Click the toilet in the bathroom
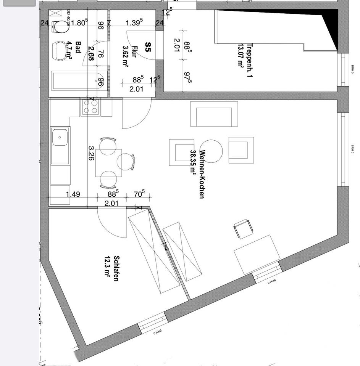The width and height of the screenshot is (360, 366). click(61, 27)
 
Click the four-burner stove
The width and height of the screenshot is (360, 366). click(91, 106)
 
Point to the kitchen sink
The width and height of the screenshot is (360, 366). click(60, 137)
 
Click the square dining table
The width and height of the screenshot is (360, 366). click(108, 163)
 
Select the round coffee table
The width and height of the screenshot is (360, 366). click(211, 151)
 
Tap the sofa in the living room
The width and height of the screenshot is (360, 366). click(214, 114)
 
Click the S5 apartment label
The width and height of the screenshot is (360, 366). click(148, 47)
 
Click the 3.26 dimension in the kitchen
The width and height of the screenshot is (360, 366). click(91, 153)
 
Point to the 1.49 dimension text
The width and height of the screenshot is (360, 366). click(73, 194)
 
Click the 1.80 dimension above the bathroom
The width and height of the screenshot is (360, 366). click(80, 23)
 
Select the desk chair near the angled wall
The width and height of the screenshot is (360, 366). click(243, 228)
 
